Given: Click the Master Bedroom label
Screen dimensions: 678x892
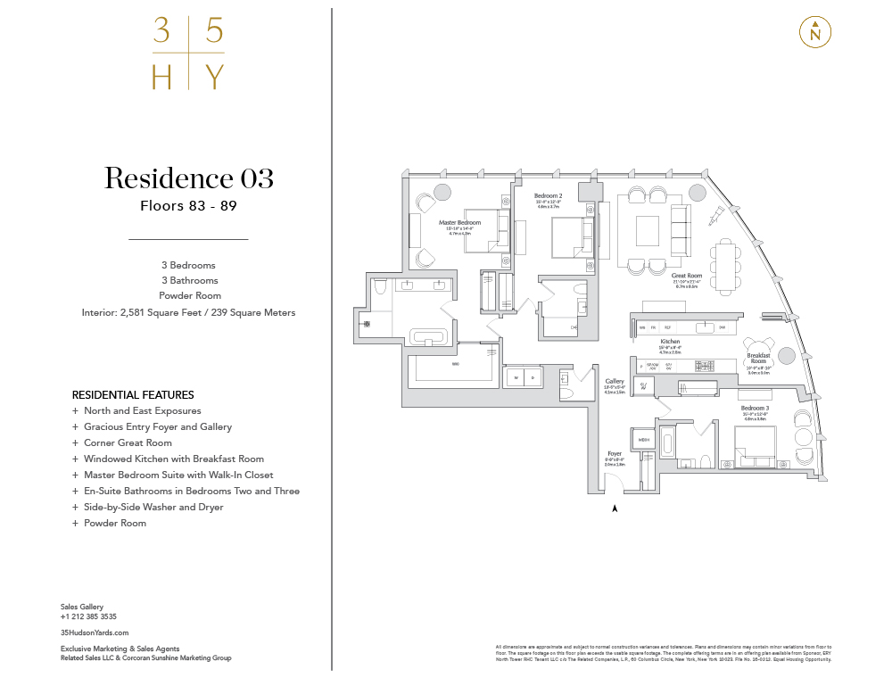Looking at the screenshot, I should coord(459,222).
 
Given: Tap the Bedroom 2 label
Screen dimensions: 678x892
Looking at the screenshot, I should coord(548,195).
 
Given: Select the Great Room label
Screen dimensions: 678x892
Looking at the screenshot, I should coord(687,277).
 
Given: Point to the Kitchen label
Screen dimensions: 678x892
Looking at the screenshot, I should coord(671,342).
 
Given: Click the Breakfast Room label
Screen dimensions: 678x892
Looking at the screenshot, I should coord(758,358).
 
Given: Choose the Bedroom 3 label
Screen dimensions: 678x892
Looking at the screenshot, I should coord(755,408).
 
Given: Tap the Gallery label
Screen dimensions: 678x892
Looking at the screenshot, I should coord(615,381).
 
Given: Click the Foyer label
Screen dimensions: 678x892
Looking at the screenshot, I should coord(615,454).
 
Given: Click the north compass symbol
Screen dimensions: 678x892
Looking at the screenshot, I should coord(815,32).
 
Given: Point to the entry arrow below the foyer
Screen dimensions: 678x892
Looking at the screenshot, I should coord(615,508).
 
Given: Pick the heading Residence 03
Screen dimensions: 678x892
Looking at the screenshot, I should coord(188,178).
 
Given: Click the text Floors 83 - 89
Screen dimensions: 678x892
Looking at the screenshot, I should coord(188,205).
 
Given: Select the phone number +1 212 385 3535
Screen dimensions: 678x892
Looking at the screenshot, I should coord(88,616).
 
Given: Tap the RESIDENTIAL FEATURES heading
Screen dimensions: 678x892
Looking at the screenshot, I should coord(133,394).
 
